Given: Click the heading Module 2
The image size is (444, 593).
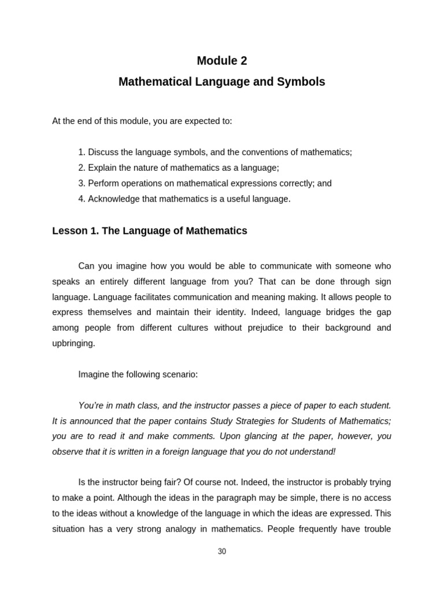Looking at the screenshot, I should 221,61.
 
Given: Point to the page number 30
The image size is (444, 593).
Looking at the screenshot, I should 222,551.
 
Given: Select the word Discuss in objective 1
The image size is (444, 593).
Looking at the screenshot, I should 103,152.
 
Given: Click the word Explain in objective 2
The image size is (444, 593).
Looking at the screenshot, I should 102,168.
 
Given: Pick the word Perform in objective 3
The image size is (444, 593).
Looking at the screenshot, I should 103,184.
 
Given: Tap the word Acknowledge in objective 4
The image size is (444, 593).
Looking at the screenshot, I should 113,199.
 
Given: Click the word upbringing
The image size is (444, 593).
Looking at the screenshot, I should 73,343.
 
